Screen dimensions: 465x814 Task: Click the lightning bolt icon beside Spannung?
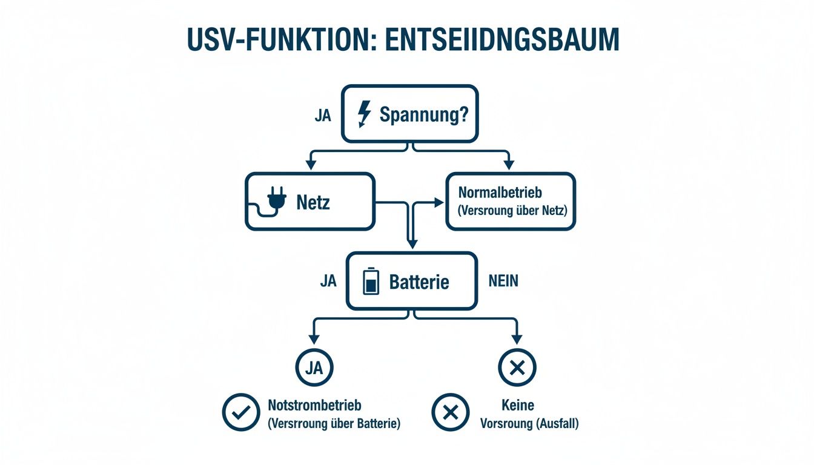pos(365,114)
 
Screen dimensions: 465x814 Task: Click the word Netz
pos(313,202)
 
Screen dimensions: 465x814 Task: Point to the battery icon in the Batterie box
pos(371,282)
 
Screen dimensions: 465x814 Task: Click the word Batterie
pos(419,282)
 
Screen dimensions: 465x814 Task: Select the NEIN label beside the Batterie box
pos(503,281)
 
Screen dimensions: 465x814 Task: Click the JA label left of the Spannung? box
pos(323,116)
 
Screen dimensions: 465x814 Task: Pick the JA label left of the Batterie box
pos(328,281)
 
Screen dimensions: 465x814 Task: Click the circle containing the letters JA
pos(314,368)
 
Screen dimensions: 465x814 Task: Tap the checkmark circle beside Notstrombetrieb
pos(241,412)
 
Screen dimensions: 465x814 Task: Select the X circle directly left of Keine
pos(450,412)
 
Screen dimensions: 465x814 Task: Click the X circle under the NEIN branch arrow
pos(517,368)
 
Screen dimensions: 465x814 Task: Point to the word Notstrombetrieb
pos(314,405)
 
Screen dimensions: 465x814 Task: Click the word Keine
pos(517,405)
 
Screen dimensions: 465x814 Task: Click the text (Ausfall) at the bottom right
pos(557,424)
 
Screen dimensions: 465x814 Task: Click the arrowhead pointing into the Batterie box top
pos(412,245)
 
